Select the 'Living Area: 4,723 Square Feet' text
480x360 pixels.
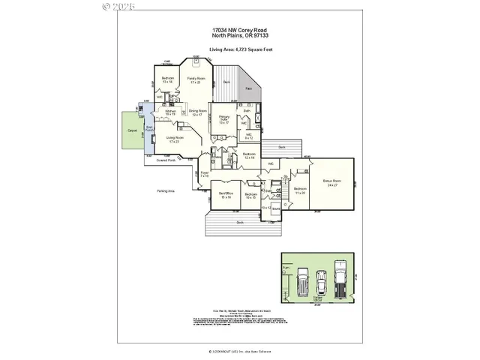(x=239, y=48)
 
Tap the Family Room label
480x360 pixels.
(x=196, y=79)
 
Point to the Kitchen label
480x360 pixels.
(x=170, y=112)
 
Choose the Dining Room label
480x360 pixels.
(x=198, y=112)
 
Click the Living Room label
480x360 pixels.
(x=175, y=139)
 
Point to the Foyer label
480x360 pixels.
(x=204, y=173)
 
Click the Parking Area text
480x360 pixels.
(x=166, y=191)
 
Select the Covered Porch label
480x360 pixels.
(x=166, y=160)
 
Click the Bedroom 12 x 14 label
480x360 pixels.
(x=250, y=155)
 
